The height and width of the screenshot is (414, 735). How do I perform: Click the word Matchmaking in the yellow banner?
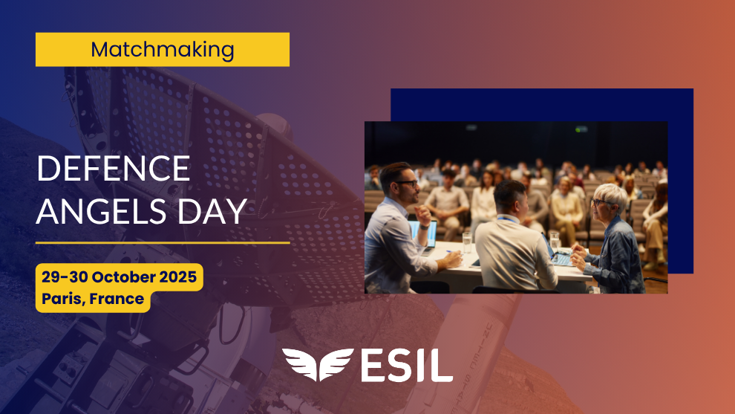pyautogui.click(x=162, y=50)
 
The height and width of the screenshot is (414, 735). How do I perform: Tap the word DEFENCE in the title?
pyautogui.click(x=114, y=169)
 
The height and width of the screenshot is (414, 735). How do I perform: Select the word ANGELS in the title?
pyautogui.click(x=101, y=211)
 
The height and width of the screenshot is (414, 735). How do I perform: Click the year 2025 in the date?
pyautogui.click(x=178, y=277)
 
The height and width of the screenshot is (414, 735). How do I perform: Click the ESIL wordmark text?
pyautogui.click(x=407, y=365)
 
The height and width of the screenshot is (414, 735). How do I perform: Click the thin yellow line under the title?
pyautogui.click(x=163, y=242)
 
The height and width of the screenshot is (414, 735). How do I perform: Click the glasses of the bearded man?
pyautogui.click(x=406, y=184)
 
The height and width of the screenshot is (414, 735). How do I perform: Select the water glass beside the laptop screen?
pyautogui.click(x=467, y=242)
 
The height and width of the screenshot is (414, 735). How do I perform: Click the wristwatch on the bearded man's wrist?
pyautogui.click(x=425, y=227)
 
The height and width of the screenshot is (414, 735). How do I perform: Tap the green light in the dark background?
pyautogui.click(x=581, y=129)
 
